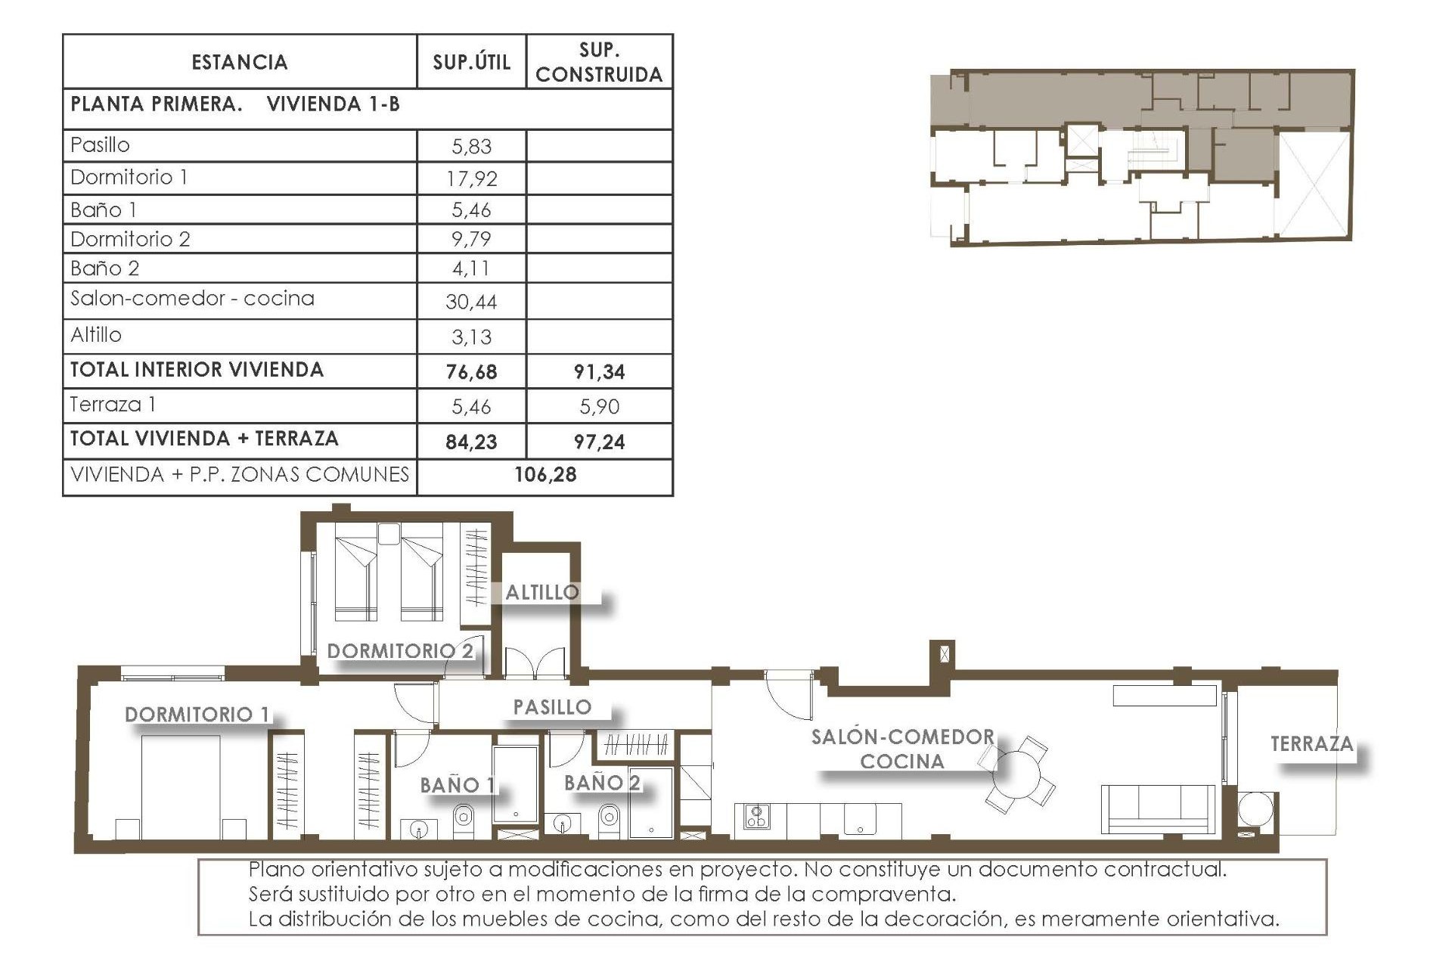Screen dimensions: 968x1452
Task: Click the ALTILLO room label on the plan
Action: pos(542,592)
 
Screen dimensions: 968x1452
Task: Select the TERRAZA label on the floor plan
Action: pos(1311,744)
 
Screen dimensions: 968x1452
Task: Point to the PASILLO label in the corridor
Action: pos(552,707)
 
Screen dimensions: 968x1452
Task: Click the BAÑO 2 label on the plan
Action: pos(602,783)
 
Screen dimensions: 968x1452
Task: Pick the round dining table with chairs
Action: pos(1017,774)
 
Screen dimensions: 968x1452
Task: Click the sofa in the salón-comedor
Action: pos(1157,809)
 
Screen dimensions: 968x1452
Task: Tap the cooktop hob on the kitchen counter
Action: pos(756,816)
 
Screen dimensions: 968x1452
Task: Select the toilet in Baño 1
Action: pos(463,818)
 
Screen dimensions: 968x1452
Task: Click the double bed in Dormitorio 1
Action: pos(181,786)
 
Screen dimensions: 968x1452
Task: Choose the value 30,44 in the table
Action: pos(471,302)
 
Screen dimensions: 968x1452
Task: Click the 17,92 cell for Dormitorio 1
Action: pos(471,178)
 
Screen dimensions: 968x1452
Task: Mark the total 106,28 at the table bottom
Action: pos(545,475)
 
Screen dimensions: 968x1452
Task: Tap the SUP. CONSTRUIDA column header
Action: pos(599,62)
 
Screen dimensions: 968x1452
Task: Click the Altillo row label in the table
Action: pos(96,335)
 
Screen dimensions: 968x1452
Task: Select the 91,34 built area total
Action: pos(599,371)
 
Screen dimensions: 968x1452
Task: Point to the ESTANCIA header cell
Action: pos(240,62)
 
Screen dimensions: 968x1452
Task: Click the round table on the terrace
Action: pos(1256,808)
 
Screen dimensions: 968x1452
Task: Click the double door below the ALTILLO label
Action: pos(535,662)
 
